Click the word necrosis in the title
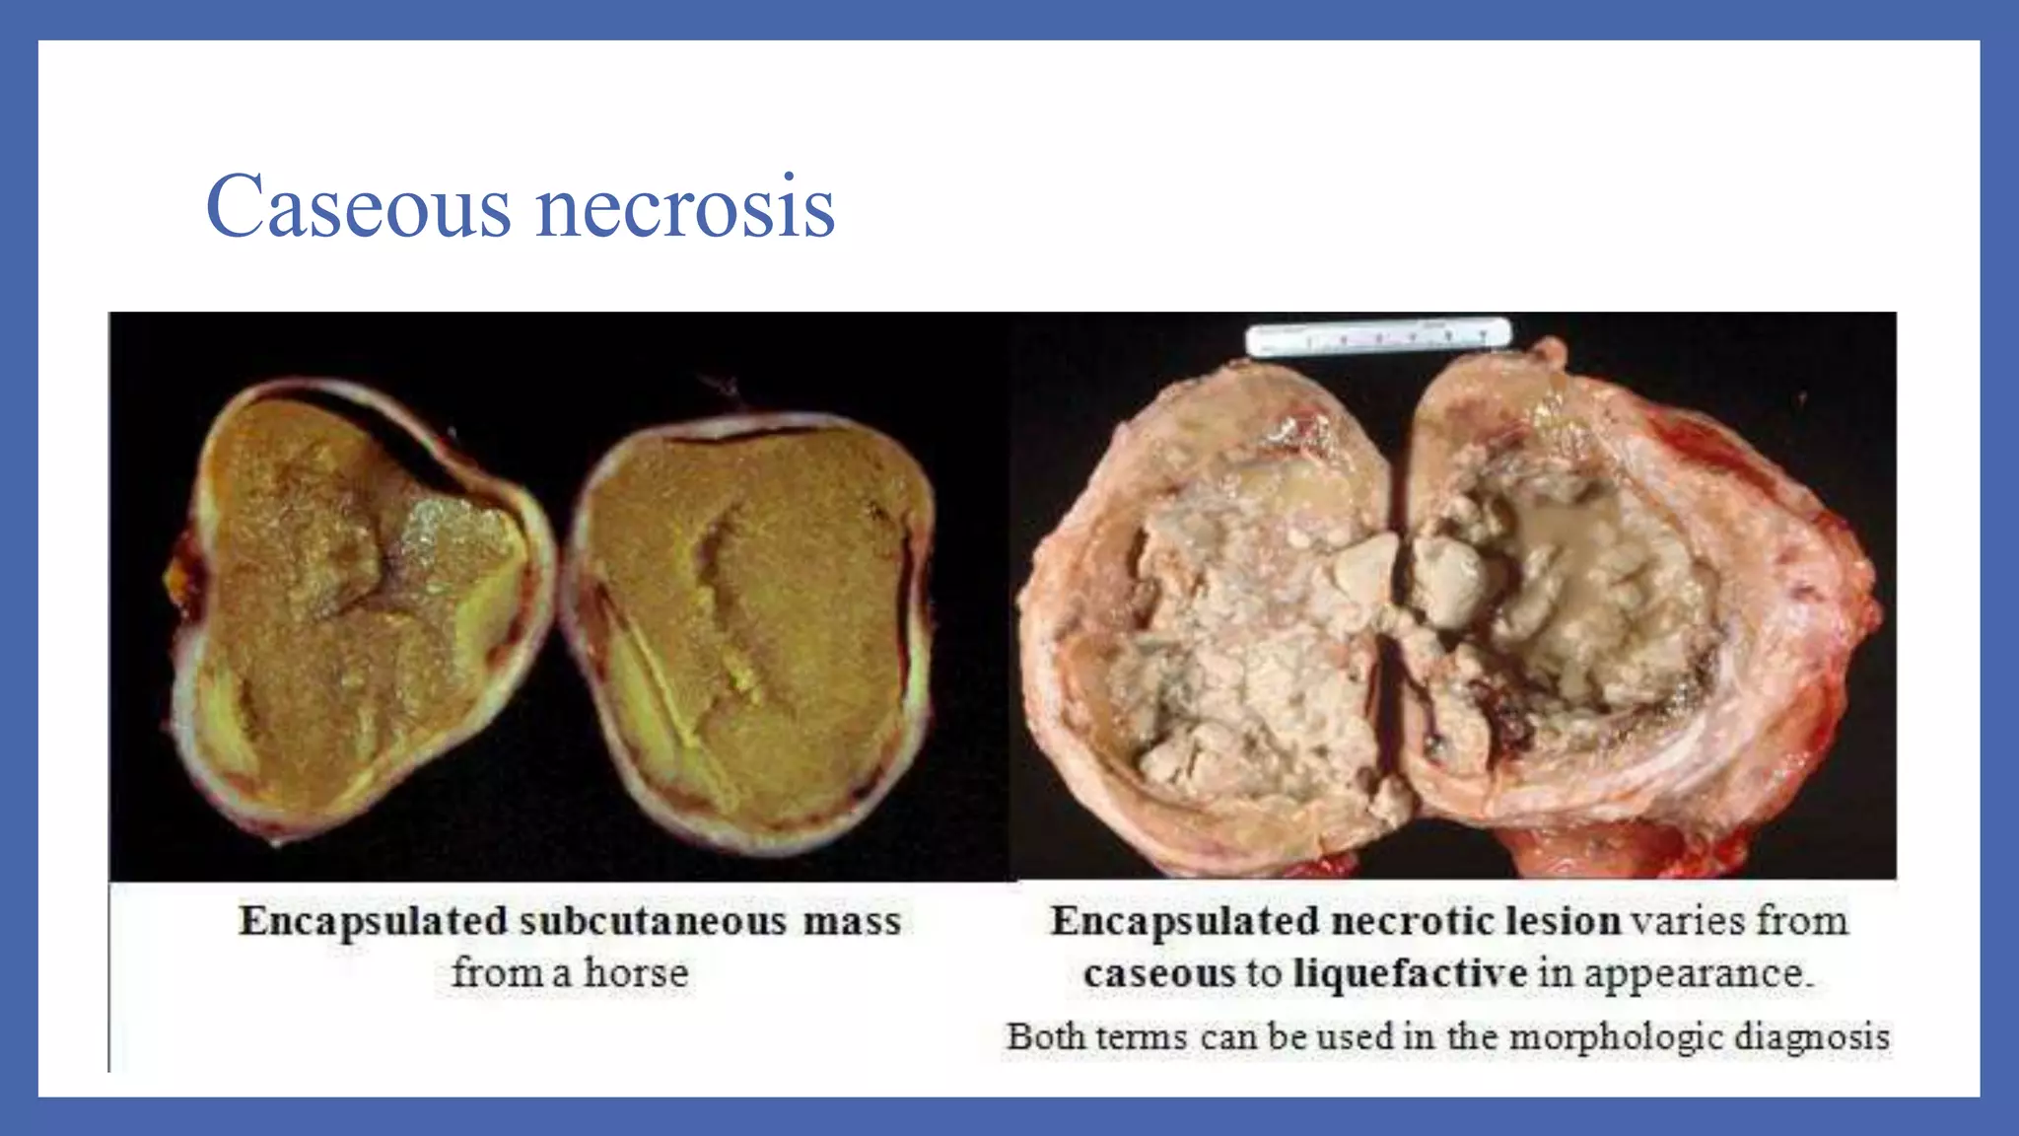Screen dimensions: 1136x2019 click(x=684, y=207)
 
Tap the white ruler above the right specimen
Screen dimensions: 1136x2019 click(x=1377, y=336)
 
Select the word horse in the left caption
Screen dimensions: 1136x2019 click(x=636, y=973)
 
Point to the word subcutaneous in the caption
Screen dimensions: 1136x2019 click(x=653, y=921)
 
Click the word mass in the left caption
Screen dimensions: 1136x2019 click(x=852, y=921)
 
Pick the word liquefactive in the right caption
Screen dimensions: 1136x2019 click(x=1410, y=973)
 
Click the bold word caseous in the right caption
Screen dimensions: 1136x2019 click(x=1158, y=973)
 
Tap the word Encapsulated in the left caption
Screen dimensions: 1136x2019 click(x=373, y=921)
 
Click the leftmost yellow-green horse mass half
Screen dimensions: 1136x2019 click(x=360, y=611)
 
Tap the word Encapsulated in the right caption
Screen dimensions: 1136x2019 click(x=1185, y=921)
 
